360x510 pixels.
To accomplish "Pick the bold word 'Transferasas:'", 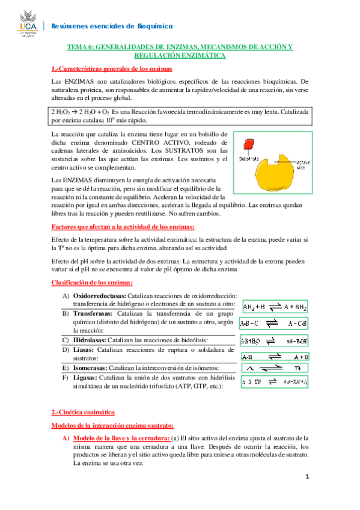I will (x=96, y=314).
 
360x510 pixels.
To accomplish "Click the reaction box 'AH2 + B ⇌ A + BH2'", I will (x=275, y=307).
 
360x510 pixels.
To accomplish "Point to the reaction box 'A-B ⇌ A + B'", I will (x=275, y=357).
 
